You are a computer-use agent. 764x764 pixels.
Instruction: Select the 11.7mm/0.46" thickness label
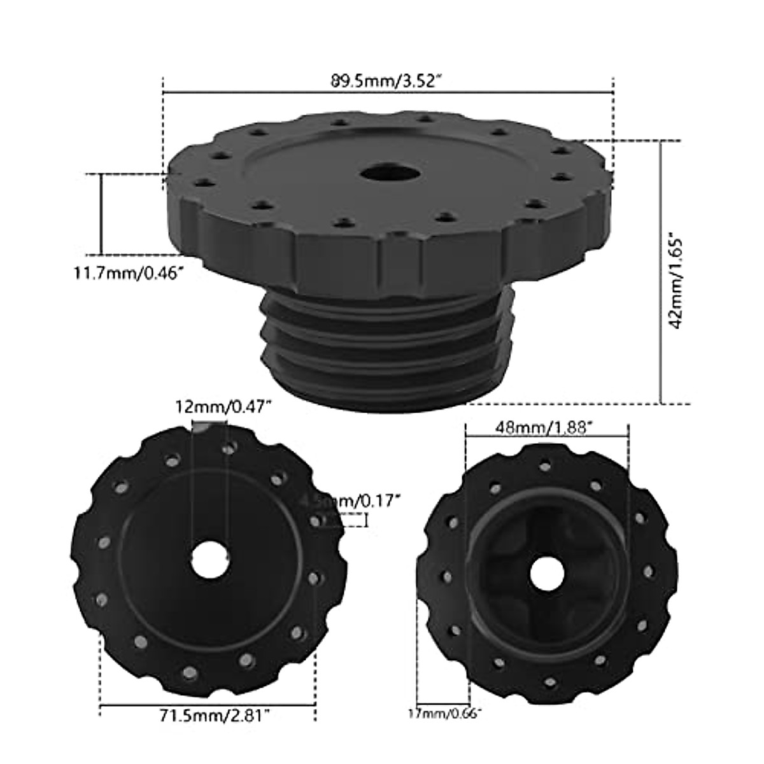click(128, 275)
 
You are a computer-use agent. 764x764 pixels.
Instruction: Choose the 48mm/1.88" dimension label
click(547, 428)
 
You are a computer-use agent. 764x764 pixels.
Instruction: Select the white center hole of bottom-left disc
click(210, 560)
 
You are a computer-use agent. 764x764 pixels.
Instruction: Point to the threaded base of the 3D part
click(388, 344)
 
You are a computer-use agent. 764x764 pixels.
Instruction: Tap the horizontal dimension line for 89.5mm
click(388, 93)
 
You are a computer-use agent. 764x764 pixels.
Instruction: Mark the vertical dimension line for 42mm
click(662, 274)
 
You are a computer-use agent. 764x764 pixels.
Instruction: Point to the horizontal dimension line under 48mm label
click(547, 437)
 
